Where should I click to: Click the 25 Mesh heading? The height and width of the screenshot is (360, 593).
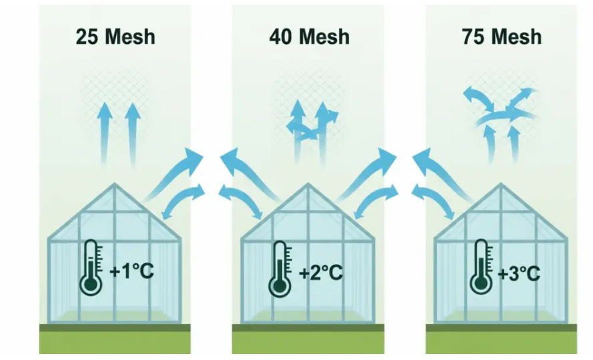tap(115, 37)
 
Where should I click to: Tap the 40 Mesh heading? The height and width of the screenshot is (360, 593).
tap(310, 37)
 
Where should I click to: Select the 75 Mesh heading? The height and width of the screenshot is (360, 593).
tap(502, 37)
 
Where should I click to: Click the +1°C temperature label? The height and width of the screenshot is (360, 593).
tap(131, 271)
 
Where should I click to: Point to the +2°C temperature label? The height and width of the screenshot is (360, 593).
tap(321, 272)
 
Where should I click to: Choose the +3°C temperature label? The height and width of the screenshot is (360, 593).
tap(519, 273)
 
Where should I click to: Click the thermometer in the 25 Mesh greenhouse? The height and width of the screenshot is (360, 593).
tap(91, 267)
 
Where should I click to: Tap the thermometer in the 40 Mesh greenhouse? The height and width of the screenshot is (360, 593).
tap(280, 269)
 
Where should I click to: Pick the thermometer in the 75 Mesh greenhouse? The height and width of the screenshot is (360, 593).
tap(482, 267)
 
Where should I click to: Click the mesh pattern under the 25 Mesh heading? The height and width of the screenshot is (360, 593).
tap(115, 98)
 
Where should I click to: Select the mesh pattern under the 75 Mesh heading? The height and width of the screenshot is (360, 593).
tap(502, 98)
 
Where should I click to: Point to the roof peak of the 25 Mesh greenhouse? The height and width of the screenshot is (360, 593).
tap(115, 184)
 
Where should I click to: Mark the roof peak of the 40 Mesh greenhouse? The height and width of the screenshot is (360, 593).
tap(308, 184)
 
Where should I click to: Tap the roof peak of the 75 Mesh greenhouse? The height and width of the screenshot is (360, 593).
tap(501, 184)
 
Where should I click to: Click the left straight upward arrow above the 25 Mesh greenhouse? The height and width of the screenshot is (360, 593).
tap(104, 134)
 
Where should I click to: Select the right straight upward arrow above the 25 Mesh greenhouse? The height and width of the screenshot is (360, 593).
tap(132, 134)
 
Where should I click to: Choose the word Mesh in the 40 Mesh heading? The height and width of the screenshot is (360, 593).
tap(324, 37)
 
